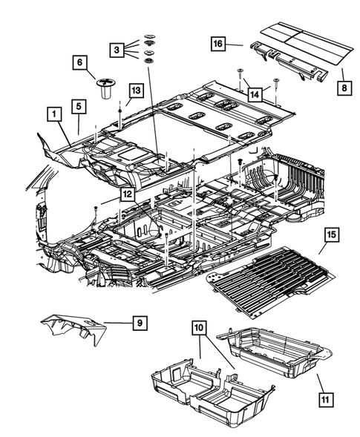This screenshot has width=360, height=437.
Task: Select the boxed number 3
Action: (x=117, y=50)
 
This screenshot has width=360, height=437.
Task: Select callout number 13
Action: (x=134, y=90)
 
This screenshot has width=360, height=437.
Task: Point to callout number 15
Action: (x=331, y=237)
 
